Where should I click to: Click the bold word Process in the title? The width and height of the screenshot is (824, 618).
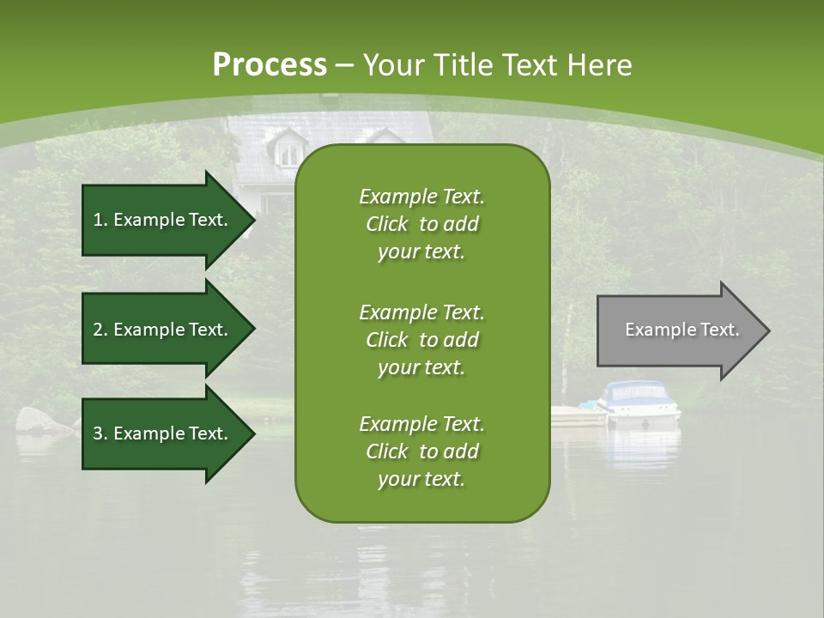click(270, 65)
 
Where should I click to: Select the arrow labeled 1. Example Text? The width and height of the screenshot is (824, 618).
click(163, 220)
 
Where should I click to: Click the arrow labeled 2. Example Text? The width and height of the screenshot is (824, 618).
click(163, 330)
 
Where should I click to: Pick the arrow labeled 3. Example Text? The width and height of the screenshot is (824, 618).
click(163, 433)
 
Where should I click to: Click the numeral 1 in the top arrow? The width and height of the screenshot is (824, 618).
click(98, 220)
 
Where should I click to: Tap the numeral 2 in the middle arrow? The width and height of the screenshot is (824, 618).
click(98, 330)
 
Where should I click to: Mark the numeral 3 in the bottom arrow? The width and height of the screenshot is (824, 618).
click(98, 433)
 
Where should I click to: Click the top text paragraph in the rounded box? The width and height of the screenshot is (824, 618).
click(421, 224)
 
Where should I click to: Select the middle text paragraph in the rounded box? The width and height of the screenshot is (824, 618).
click(421, 339)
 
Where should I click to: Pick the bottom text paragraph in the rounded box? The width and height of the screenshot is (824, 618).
click(421, 451)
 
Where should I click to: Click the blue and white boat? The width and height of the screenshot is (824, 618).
click(639, 401)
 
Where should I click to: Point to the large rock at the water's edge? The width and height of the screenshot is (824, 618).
click(39, 420)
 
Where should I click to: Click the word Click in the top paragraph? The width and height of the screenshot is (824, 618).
click(386, 224)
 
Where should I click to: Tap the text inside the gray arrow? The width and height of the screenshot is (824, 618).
click(682, 330)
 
